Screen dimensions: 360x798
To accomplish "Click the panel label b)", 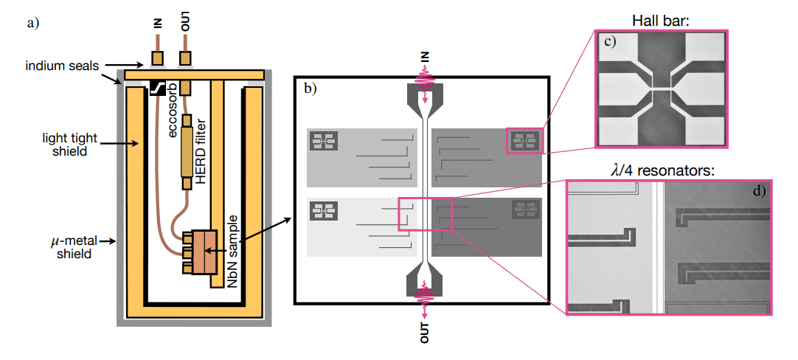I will tap(310, 89).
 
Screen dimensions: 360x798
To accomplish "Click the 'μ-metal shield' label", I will tap(72, 247).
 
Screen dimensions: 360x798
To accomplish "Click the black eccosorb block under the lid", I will tap(157, 87).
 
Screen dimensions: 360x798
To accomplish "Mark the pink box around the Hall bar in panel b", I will tap(524, 140).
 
